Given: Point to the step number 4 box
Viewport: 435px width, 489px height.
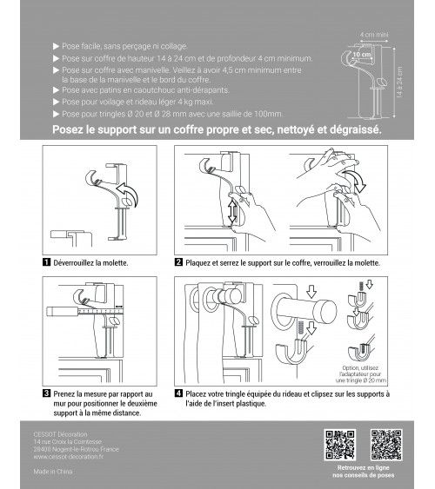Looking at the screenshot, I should click(x=178, y=394).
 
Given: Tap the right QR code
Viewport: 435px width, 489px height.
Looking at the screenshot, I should click(x=383, y=443).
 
